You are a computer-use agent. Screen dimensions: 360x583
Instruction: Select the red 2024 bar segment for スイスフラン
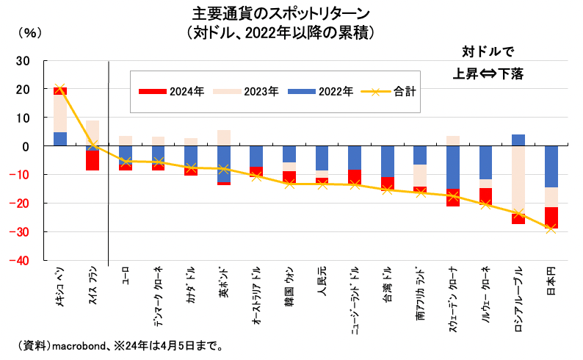coord(93,160)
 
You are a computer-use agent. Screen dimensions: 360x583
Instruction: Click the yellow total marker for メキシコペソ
coord(59,88)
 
